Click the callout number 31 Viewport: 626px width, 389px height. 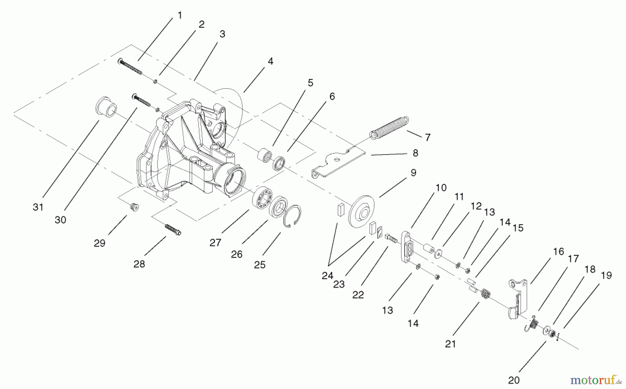38,207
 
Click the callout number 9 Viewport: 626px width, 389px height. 413,173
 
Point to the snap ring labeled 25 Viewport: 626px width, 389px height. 292,216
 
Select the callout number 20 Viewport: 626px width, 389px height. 513,380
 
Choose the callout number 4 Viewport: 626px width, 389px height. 270,62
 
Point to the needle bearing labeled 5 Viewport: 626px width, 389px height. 264,155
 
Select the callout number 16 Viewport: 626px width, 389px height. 558,251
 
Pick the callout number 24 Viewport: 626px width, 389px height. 327,276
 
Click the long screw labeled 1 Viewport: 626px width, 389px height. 131,67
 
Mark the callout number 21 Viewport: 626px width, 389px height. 450,344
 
